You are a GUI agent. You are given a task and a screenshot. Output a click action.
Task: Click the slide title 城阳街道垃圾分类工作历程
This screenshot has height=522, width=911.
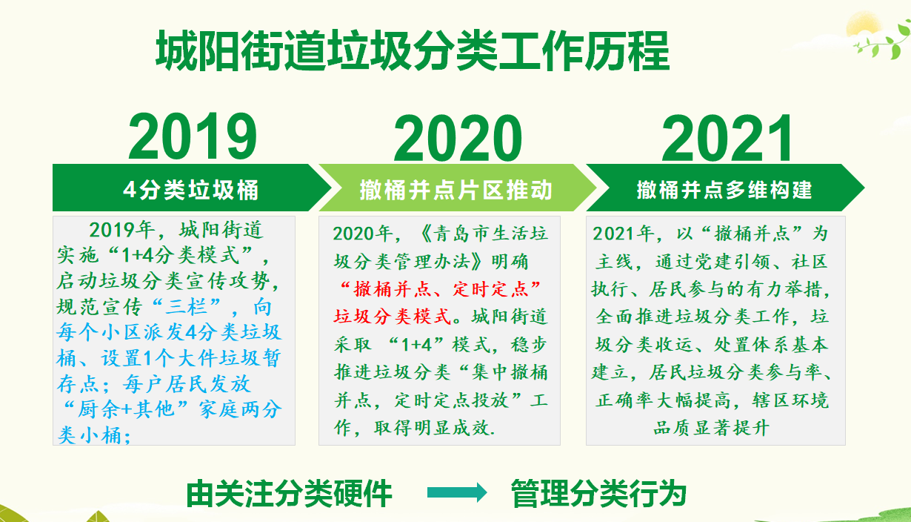click(413, 51)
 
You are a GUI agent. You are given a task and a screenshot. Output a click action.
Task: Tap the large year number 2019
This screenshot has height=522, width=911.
click(193, 136)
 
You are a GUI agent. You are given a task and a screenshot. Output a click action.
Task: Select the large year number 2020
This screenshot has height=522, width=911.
click(458, 138)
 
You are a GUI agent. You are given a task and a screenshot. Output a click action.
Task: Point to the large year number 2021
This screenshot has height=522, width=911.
click(727, 138)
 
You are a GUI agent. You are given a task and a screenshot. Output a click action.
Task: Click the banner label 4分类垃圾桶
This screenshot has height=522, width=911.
click(191, 190)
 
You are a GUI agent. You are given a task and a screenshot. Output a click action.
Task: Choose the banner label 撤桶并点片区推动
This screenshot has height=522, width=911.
click(456, 190)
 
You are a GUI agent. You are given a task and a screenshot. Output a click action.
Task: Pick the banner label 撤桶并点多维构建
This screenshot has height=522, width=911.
click(724, 190)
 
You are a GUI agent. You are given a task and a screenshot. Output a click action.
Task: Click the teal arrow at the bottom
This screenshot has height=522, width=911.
click(457, 492)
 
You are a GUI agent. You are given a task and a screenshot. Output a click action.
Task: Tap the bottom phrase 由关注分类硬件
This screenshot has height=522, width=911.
click(289, 494)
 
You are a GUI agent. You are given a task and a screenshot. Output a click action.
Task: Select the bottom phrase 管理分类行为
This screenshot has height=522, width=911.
click(598, 494)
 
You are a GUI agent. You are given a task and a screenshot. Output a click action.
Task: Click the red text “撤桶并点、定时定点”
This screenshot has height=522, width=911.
click(440, 289)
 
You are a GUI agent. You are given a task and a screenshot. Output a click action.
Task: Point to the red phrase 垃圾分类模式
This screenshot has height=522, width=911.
click(392, 317)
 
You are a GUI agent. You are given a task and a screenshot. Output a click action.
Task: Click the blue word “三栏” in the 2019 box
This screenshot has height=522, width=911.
click(187, 306)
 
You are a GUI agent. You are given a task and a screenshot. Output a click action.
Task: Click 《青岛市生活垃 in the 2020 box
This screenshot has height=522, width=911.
click(483, 234)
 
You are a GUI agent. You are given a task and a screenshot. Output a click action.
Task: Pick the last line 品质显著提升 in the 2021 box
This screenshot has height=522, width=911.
click(711, 428)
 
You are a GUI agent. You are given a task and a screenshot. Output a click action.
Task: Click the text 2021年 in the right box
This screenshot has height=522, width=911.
click(623, 234)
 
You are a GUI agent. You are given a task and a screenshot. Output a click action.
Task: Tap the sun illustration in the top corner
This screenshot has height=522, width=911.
click(864, 27)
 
